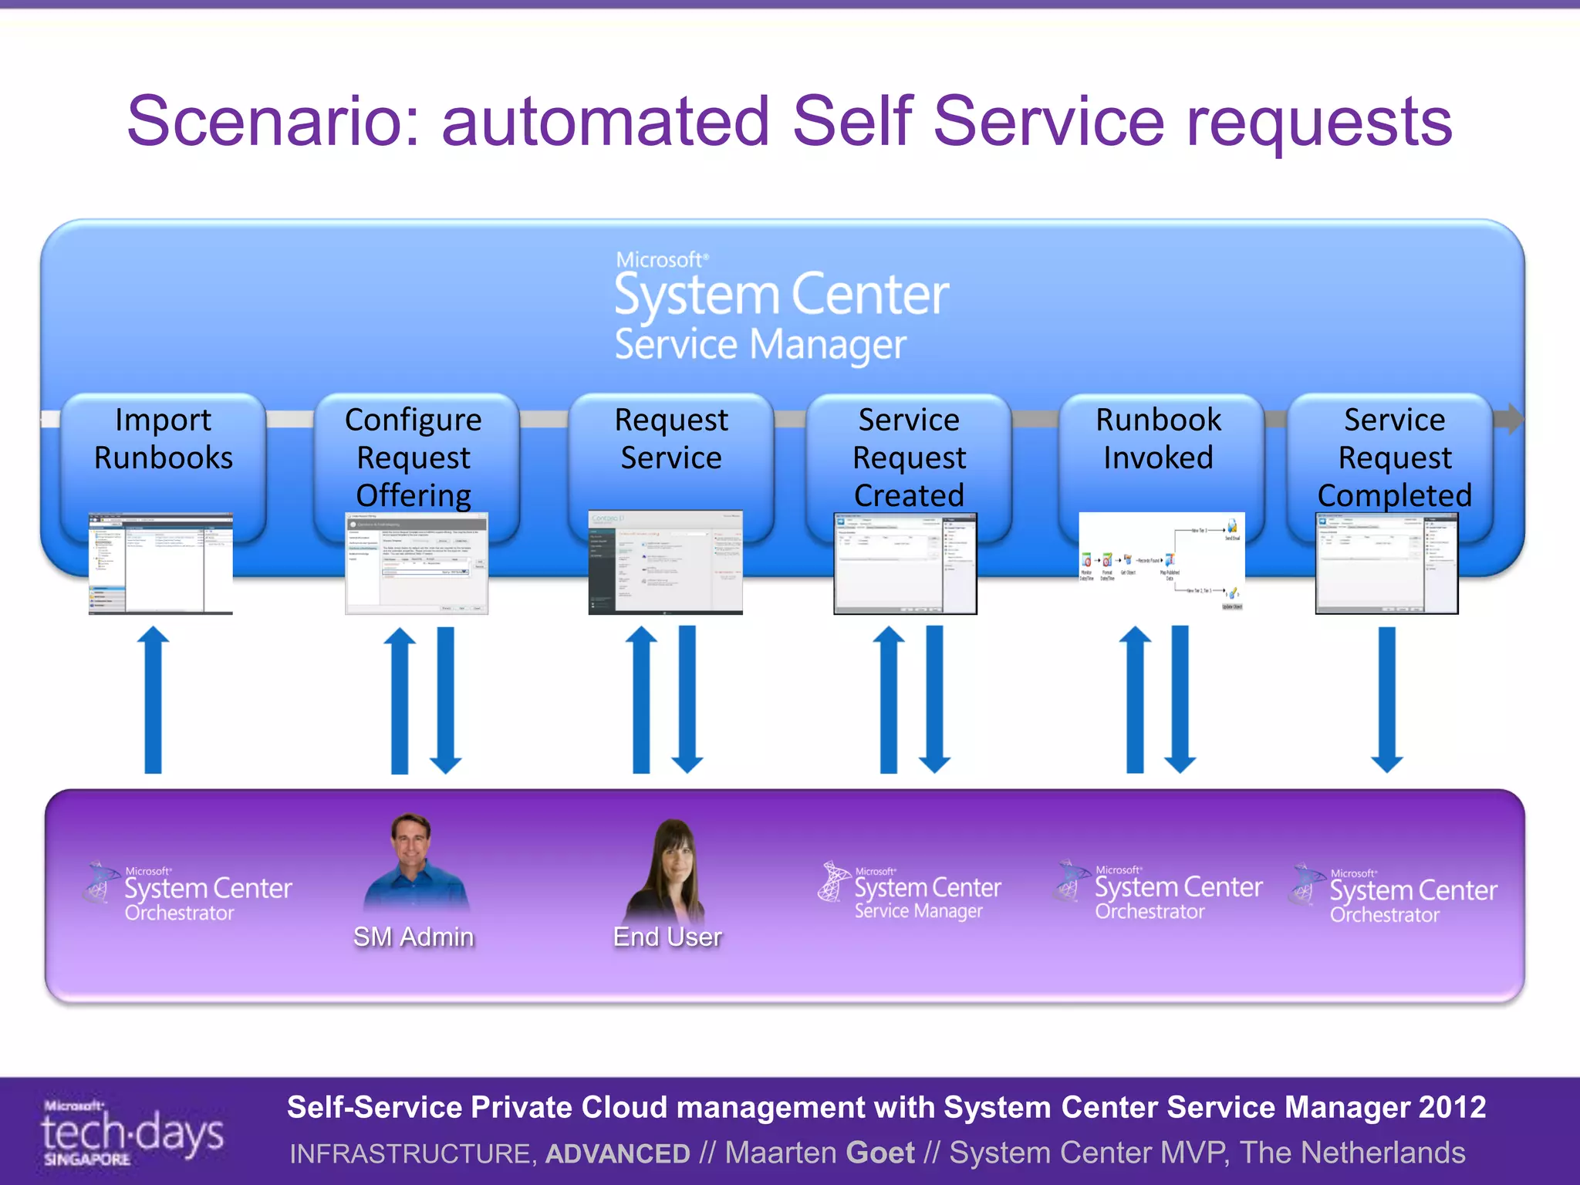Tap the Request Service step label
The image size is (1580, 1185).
pos(671,439)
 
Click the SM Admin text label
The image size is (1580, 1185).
pos(414,937)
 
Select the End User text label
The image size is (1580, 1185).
pos(667,937)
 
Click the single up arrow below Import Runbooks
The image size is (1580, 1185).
pos(154,698)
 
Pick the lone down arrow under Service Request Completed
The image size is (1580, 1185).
pos(1386,698)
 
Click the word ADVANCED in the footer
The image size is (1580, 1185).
pos(617,1153)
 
